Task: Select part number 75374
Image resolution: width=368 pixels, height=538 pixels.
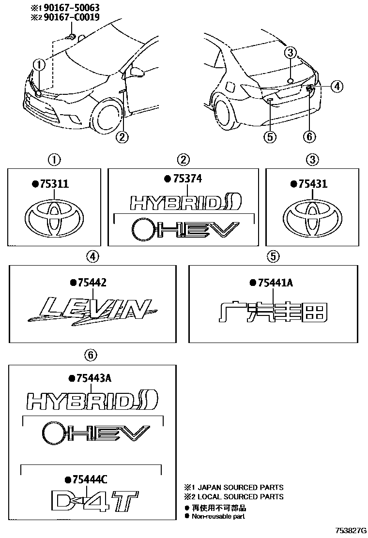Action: [185, 179]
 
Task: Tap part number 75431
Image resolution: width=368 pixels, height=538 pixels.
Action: [312, 184]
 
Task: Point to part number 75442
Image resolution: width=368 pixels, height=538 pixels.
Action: [91, 283]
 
